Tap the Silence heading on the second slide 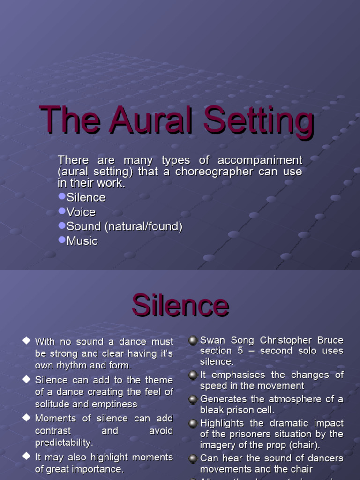tap(180, 306)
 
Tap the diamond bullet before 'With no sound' tap(26, 341)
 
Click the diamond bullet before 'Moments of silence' tap(26, 418)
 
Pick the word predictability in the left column tap(64, 442)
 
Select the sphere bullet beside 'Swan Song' tap(193, 340)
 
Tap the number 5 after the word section tap(240, 351)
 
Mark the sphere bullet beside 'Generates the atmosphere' tap(193, 399)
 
